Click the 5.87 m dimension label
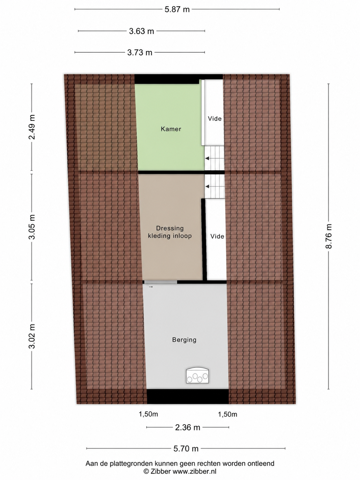tap(177, 9)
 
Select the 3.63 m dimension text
tap(142, 31)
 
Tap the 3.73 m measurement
tap(140, 53)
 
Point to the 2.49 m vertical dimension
tap(32, 127)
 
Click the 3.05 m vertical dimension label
tap(32, 227)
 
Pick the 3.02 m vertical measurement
tap(32, 336)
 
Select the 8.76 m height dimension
tap(329, 236)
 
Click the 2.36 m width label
tap(188, 428)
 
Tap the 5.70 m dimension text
tap(186, 449)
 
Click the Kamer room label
tap(171, 129)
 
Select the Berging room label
tap(184, 340)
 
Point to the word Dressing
tap(170, 228)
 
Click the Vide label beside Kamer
tap(215, 119)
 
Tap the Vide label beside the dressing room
tap(217, 236)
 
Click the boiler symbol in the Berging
tap(197, 375)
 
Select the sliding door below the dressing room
tap(160, 282)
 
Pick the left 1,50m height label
tap(149, 414)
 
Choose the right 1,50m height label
tap(227, 414)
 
